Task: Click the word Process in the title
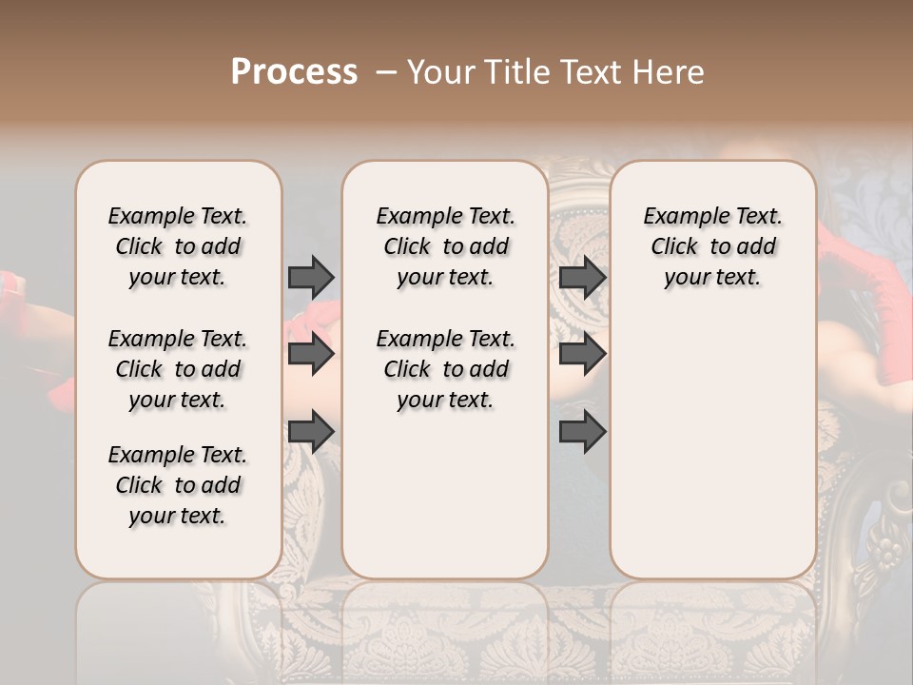294,72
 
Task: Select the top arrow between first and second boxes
311,277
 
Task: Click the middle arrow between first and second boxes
311,354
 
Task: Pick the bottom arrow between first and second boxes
311,432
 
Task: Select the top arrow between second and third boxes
582,277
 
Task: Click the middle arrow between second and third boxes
582,354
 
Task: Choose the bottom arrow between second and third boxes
582,432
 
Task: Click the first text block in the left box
178,246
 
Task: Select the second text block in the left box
178,369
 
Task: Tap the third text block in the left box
178,485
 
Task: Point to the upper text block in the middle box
445,246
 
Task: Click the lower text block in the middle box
445,369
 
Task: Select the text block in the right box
712,246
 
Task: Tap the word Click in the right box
674,247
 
